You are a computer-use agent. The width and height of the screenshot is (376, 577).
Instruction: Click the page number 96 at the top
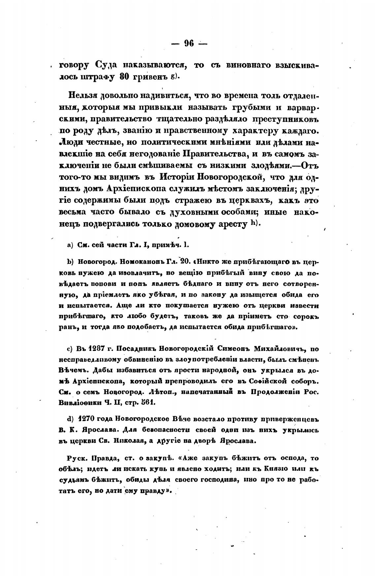tap(189, 43)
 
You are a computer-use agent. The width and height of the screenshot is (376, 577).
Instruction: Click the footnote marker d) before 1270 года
tap(70, 419)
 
